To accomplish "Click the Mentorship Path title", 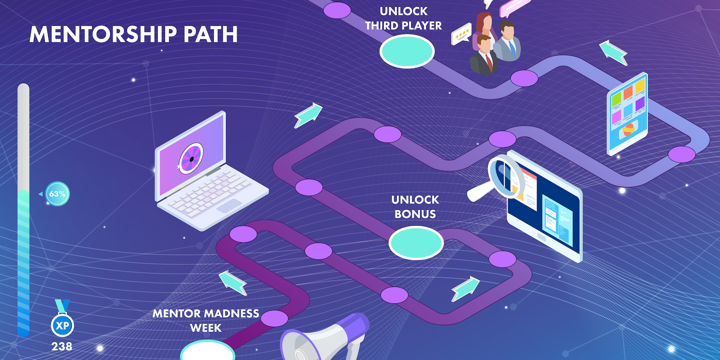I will click(134, 35).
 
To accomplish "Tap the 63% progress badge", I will click(58, 194).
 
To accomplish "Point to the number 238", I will click(62, 347).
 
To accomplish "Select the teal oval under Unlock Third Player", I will click(407, 51).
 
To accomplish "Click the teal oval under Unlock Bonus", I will click(416, 243).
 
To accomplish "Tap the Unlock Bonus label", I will click(415, 207).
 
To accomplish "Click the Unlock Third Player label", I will click(404, 19).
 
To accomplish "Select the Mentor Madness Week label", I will click(206, 320).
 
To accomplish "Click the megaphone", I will click(324, 338).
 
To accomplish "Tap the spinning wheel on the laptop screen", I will click(192, 158).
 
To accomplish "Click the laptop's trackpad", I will click(229, 206).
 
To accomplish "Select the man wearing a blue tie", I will click(508, 41).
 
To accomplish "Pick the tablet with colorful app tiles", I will click(627, 113).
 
